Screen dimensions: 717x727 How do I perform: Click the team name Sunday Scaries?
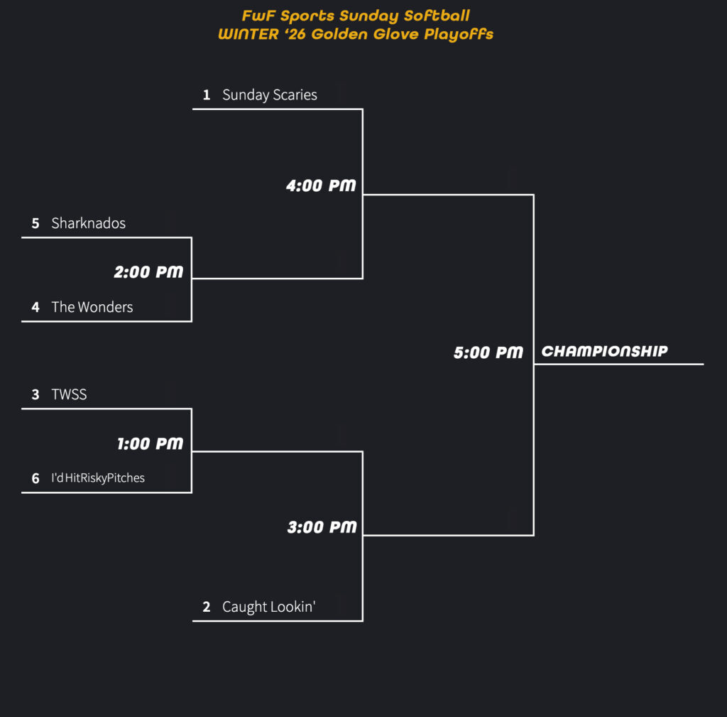(x=269, y=95)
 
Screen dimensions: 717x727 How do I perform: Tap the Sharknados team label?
(x=88, y=223)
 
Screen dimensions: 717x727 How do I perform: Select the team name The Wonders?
(x=92, y=307)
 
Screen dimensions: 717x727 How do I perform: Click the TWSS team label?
(x=69, y=394)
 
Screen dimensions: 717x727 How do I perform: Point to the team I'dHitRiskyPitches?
(x=98, y=478)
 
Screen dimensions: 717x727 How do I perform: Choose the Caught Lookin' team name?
(x=268, y=607)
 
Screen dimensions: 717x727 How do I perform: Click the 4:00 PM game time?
(x=321, y=186)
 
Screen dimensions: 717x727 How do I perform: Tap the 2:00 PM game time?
(x=149, y=272)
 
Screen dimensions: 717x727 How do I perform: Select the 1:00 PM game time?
(x=151, y=444)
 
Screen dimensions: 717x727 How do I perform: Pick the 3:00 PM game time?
(x=322, y=527)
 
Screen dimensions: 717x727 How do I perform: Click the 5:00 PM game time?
(x=488, y=352)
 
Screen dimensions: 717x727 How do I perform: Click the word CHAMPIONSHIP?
(x=604, y=351)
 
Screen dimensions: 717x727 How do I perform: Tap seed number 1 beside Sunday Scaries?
(x=207, y=95)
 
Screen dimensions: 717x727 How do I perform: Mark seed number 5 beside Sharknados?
(x=35, y=223)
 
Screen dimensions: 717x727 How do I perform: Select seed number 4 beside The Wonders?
(x=35, y=308)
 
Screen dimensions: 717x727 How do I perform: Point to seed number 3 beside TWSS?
(x=35, y=394)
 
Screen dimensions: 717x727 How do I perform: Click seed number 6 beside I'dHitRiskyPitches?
(x=35, y=479)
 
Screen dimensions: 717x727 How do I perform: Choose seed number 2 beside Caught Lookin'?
(x=207, y=607)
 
